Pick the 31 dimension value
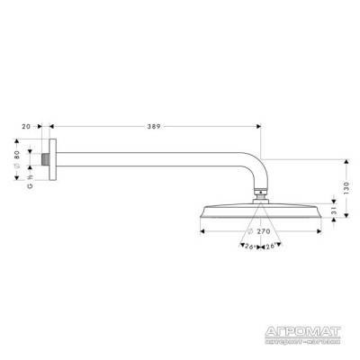coord(333,209)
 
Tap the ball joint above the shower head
coord(259,191)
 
